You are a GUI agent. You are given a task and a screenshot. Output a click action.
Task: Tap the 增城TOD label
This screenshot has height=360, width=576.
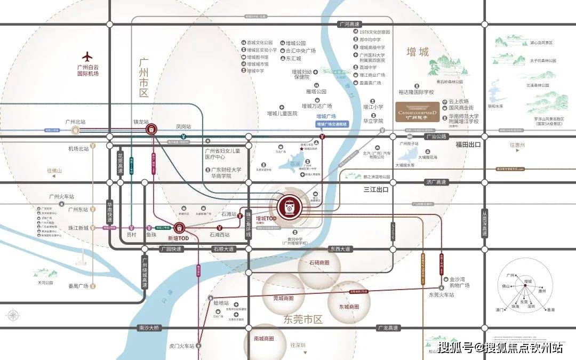click(266, 219)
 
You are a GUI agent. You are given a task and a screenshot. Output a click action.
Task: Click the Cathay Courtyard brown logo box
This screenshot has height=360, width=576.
click(419, 112)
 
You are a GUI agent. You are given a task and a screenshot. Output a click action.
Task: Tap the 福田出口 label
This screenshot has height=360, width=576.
click(468, 145)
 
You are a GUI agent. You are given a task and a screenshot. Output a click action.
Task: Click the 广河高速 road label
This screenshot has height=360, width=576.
click(350, 24)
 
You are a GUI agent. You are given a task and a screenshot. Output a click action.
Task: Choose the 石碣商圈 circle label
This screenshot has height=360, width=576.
click(319, 263)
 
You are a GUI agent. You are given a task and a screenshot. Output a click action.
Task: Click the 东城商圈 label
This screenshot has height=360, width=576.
click(349, 307)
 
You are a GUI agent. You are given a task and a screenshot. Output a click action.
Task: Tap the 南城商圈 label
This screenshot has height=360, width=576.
click(263, 338)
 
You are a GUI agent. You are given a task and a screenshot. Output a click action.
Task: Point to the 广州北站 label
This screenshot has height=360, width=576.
click(75, 122)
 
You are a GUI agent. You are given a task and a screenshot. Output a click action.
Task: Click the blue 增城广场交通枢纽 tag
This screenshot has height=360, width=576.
click(332, 124)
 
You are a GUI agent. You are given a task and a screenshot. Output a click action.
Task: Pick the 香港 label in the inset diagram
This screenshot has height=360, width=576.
click(550, 309)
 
